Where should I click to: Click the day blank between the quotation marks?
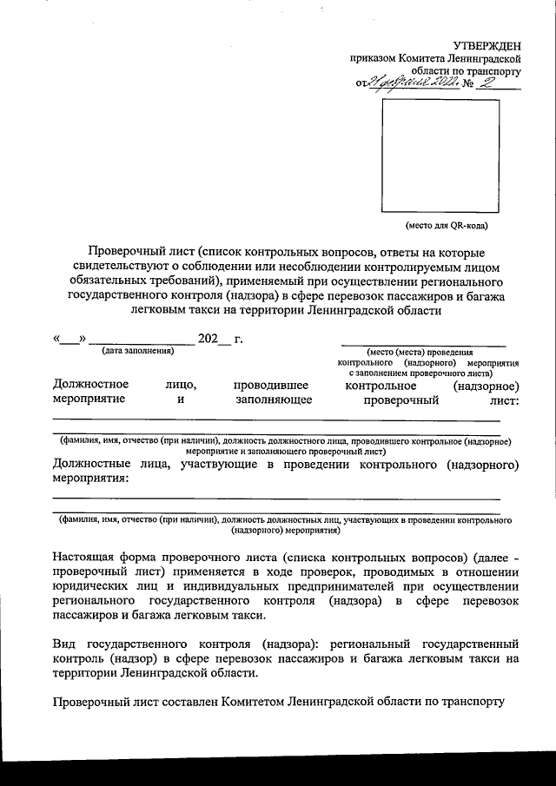69,338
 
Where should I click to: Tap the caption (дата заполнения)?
137,350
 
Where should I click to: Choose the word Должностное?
90,384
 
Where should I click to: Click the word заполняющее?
272,400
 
